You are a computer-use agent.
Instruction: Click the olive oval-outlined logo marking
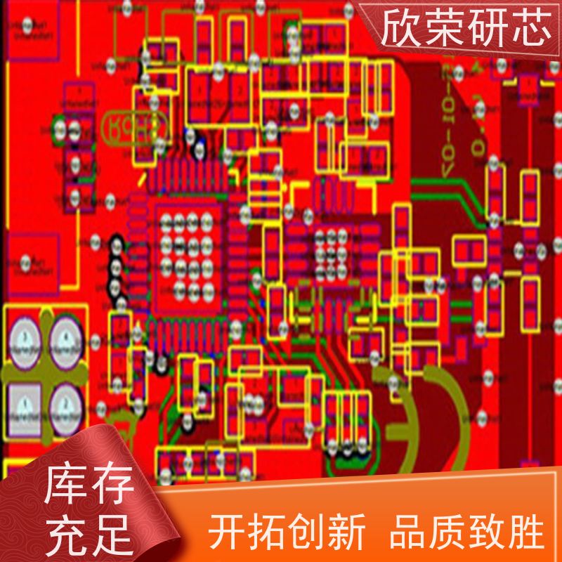point(135,127)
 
